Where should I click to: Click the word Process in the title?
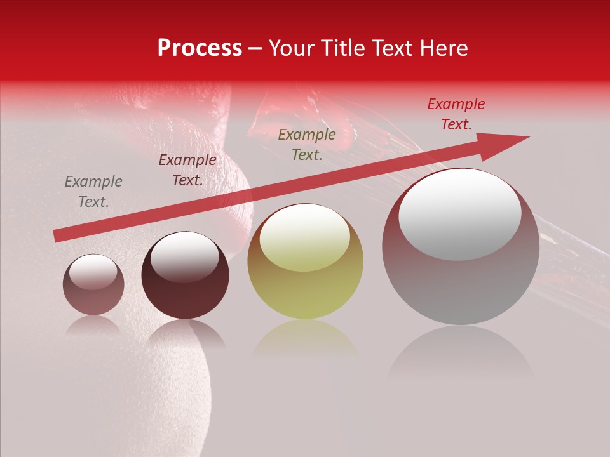(x=200, y=48)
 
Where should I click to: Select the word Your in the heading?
(x=292, y=48)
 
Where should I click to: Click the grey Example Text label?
(x=93, y=192)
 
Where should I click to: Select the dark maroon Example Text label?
(x=187, y=170)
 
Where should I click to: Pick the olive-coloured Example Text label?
(x=307, y=144)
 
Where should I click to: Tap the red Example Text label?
(x=456, y=114)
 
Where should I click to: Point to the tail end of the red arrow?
(x=58, y=235)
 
